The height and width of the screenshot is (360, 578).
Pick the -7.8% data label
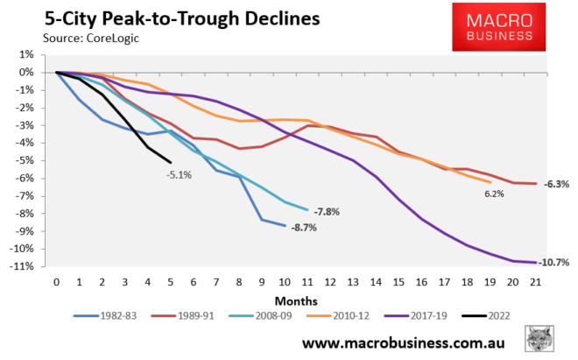pyautogui.click(x=328, y=211)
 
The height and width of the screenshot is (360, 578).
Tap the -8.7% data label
pyautogui.click(x=305, y=228)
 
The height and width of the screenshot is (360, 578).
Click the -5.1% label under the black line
pyautogui.click(x=179, y=173)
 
